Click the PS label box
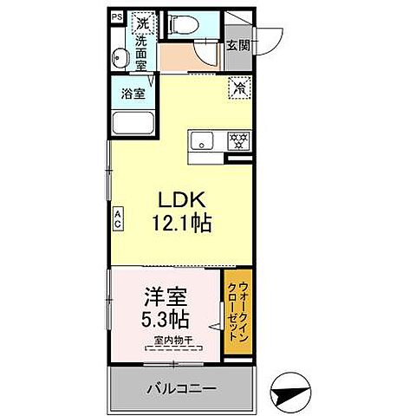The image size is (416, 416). coord(115,16)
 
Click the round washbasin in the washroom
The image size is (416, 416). coord(120,58)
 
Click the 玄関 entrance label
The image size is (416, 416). coord(237,46)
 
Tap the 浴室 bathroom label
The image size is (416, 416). coord(133,93)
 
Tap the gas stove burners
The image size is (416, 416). coord(237,140)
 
